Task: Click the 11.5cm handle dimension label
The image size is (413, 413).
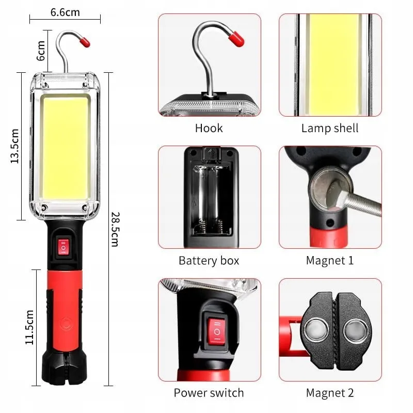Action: pyautogui.click(x=29, y=327)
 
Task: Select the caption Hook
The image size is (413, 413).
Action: pyautogui.click(x=209, y=128)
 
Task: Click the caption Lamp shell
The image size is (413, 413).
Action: pyautogui.click(x=330, y=128)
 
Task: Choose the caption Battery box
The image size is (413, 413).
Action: pyautogui.click(x=209, y=260)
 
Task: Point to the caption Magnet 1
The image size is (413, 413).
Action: pyautogui.click(x=330, y=260)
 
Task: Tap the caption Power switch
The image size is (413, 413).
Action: pyautogui.click(x=209, y=393)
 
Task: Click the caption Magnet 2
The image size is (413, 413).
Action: pyautogui.click(x=330, y=393)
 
